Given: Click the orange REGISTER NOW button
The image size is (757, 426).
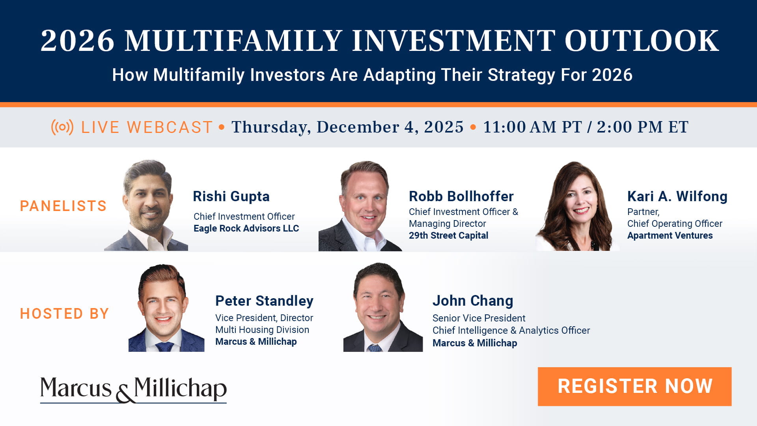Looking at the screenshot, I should (634, 386).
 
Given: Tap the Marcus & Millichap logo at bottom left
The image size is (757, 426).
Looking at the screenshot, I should (133, 389).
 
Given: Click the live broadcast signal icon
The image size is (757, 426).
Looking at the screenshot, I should (62, 127).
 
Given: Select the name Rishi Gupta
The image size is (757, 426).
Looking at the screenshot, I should (231, 196).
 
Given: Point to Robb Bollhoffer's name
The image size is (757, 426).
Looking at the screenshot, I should (461, 196).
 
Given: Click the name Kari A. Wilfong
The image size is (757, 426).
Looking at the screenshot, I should (677, 196).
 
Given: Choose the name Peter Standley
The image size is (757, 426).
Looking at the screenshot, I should (264, 301).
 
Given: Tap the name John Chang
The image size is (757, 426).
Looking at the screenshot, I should (473, 301).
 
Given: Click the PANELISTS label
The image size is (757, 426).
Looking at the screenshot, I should (63, 206).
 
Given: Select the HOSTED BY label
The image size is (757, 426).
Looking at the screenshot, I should (64, 314).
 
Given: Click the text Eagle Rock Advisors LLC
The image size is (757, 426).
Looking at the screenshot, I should (246, 228).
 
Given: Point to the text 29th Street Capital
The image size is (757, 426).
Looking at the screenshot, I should (448, 235).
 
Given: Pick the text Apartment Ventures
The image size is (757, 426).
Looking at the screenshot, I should (670, 235).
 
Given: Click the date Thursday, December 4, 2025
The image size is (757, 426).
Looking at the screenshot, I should (347, 127).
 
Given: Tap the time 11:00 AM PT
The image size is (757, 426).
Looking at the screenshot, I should (532, 127).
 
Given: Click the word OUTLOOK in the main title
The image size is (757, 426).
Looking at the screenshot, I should (641, 41).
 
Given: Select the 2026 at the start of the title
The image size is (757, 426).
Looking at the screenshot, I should (77, 41).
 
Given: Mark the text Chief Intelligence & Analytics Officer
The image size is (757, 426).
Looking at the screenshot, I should (511, 331).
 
